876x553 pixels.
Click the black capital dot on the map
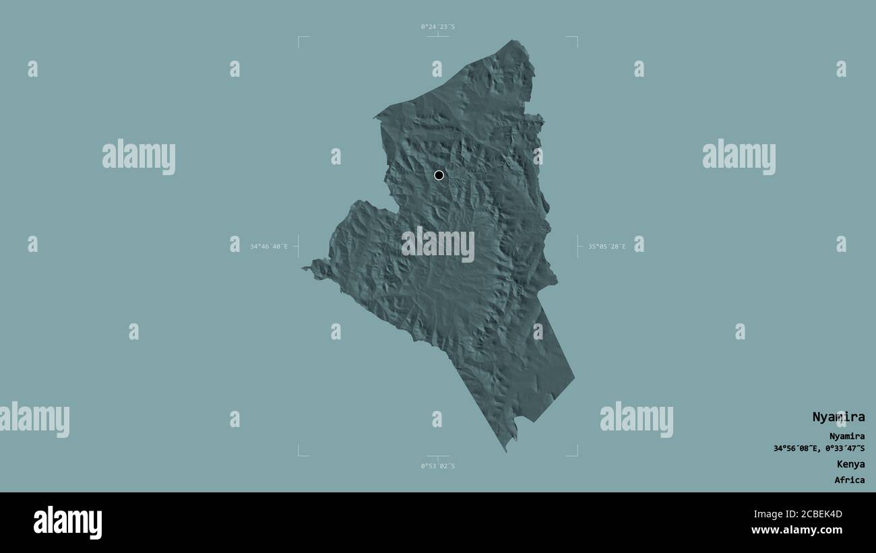click(439, 175)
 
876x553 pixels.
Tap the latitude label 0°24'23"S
click(438, 27)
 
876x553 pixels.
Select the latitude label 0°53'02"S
click(438, 466)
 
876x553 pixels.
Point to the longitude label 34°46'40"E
click(269, 247)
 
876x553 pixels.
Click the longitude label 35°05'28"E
click(606, 247)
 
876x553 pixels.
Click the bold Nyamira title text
click(838, 417)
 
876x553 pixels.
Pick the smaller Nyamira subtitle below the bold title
click(847, 436)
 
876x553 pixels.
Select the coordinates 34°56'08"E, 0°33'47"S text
click(819, 448)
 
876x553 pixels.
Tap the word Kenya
click(850, 464)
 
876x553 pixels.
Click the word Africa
click(849, 480)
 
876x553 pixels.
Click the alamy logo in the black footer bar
click(67, 523)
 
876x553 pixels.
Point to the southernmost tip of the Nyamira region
click(506, 450)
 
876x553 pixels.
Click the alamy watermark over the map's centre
click(438, 244)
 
